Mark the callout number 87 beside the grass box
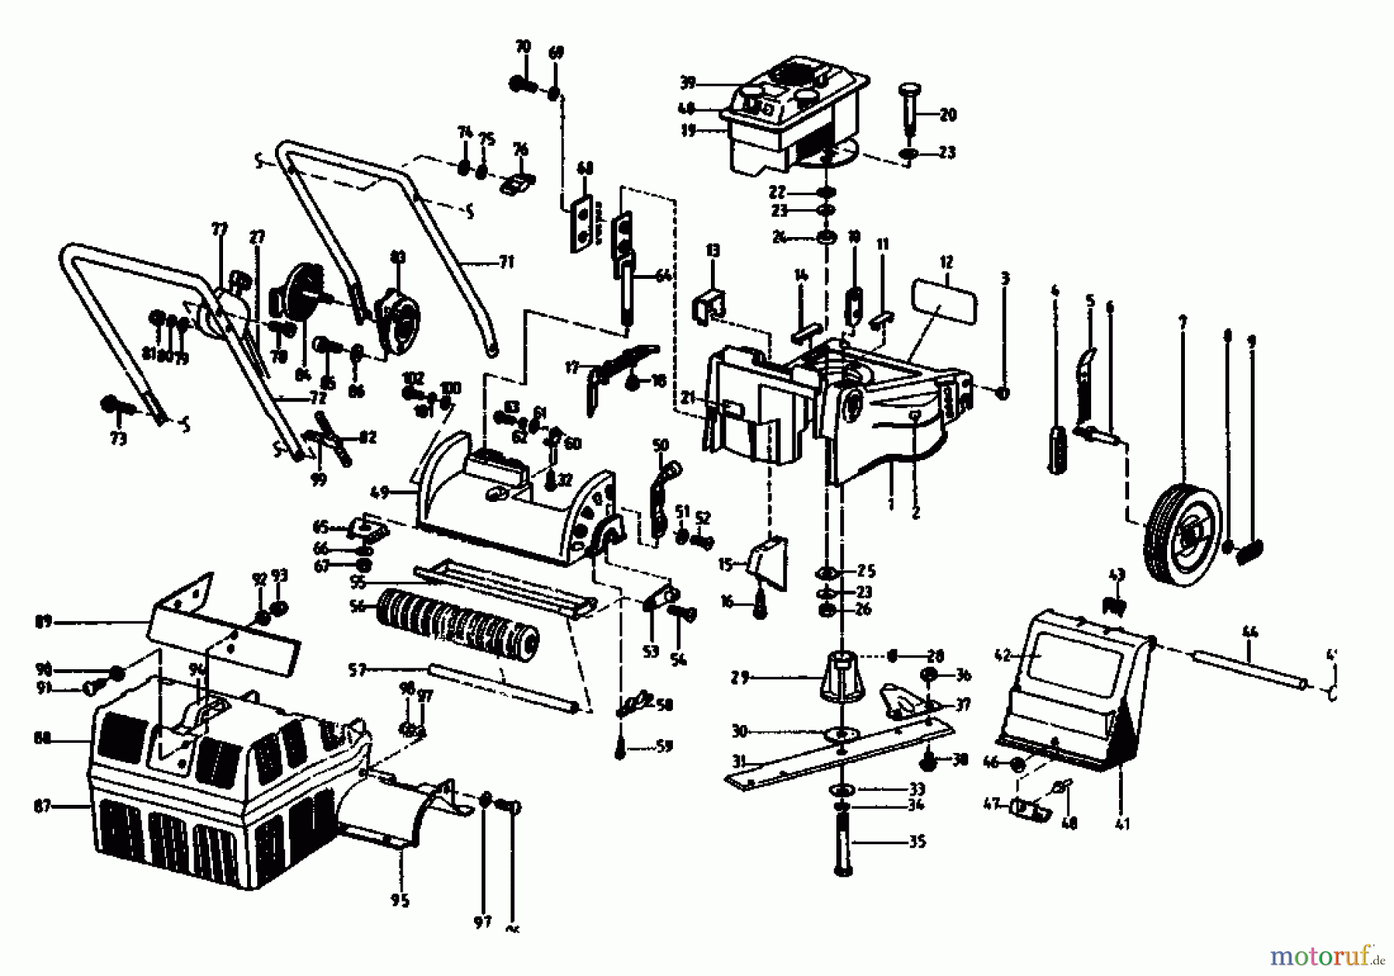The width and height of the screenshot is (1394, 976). (43, 806)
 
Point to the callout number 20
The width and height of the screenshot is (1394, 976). (947, 115)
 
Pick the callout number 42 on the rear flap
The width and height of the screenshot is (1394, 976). (1003, 655)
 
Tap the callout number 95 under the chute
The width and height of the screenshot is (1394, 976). (400, 900)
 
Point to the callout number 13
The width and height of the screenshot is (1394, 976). (712, 250)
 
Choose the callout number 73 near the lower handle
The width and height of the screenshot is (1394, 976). (118, 439)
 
